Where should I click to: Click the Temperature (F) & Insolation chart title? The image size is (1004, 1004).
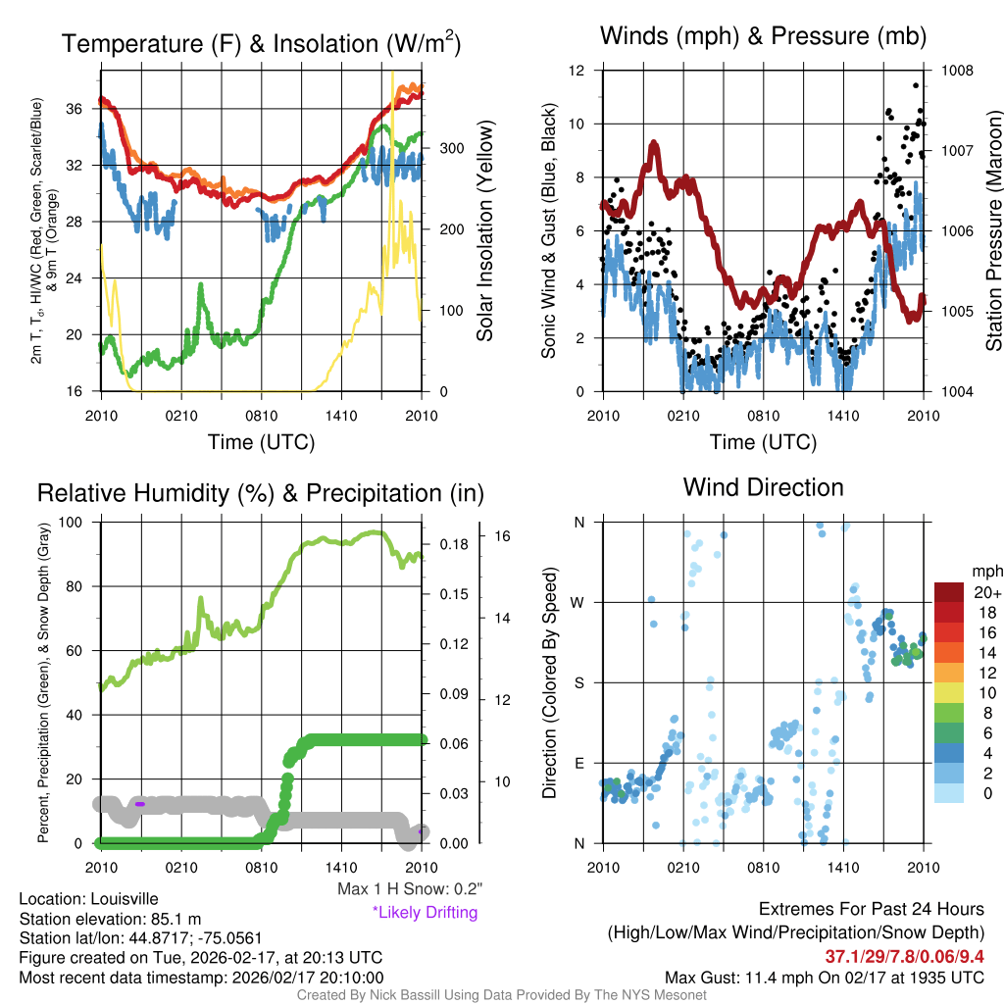pyautogui.click(x=261, y=44)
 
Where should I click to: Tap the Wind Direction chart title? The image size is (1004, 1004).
pyautogui.click(x=763, y=487)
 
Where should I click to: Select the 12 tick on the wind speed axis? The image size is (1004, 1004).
pyautogui.click(x=577, y=71)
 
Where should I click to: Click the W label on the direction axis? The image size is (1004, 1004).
pyautogui.click(x=578, y=602)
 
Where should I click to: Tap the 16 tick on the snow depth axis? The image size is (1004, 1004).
pyautogui.click(x=504, y=536)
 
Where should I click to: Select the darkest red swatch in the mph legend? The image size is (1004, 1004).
pyautogui.click(x=949, y=593)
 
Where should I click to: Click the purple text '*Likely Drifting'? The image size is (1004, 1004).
pyautogui.click(x=425, y=912)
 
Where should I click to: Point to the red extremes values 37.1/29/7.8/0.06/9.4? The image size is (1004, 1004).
pyautogui.click(x=904, y=957)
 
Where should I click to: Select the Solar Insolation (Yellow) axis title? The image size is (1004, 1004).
pyautogui.click(x=484, y=231)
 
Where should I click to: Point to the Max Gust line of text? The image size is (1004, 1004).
pyautogui.click(x=824, y=977)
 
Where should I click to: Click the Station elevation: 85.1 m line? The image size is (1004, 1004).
pyautogui.click(x=110, y=919)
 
